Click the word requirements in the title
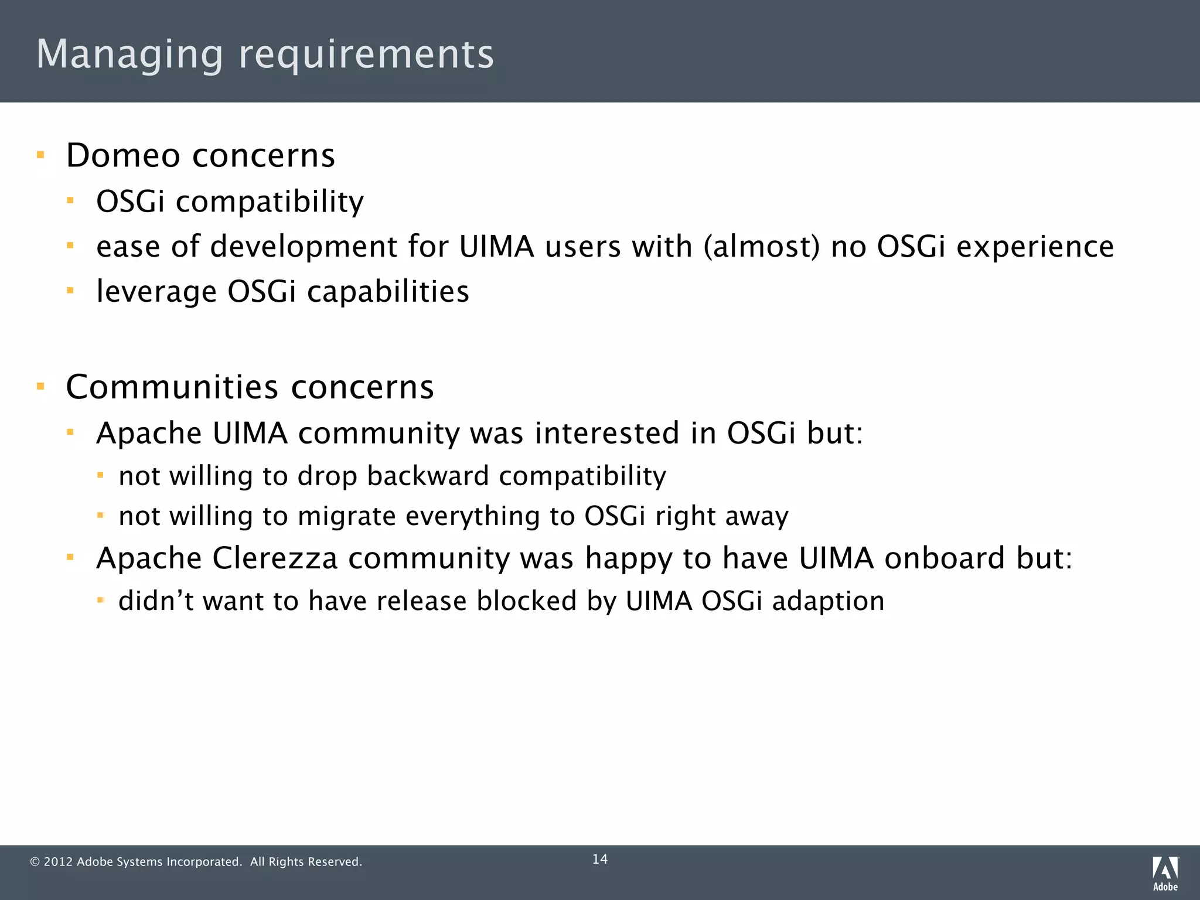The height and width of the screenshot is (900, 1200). pos(366,54)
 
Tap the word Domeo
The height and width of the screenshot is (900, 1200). pos(123,156)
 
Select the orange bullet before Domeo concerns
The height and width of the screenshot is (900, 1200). pos(40,155)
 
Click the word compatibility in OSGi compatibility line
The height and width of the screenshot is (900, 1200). pos(270,202)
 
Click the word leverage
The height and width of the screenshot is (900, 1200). pos(156,292)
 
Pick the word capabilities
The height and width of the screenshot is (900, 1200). pos(388,291)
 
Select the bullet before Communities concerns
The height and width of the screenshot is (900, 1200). pos(40,386)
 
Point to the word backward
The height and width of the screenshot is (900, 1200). pos(428,476)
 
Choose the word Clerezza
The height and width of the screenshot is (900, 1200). pos(275,558)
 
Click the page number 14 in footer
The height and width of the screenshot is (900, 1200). pos(600,859)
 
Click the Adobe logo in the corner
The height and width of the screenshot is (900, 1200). pos(1165,873)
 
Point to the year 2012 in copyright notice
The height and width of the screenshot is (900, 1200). pos(58,862)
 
